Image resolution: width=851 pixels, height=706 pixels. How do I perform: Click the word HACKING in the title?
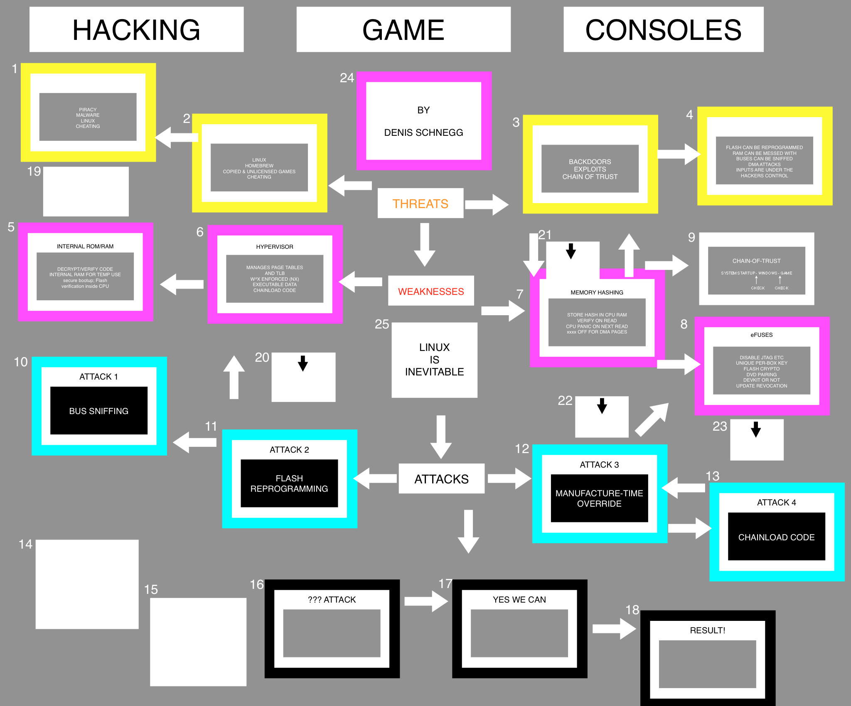(x=136, y=30)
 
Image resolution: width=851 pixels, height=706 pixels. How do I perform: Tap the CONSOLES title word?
(x=663, y=30)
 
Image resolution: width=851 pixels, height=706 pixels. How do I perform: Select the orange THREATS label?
(x=420, y=203)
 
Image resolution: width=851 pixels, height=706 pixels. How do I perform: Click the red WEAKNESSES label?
(x=431, y=291)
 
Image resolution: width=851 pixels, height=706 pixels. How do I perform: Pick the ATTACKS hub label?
(x=441, y=479)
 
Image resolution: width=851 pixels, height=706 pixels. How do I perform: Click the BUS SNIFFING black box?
(x=99, y=411)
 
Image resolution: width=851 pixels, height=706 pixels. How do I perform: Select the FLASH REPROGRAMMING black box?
(x=289, y=483)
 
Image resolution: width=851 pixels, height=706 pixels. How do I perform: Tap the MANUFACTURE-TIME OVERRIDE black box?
(x=599, y=498)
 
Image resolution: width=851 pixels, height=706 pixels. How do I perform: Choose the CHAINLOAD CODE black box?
(x=776, y=537)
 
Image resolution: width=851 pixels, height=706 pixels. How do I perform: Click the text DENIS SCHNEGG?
(x=423, y=132)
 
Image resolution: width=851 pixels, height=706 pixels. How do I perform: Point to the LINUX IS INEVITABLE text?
(x=434, y=360)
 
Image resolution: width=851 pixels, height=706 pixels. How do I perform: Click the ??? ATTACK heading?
(x=332, y=600)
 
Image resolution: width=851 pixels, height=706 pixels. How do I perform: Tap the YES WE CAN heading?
(x=519, y=600)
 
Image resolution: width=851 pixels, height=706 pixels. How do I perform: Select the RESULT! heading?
(x=707, y=630)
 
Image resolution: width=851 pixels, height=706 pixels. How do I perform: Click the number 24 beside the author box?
(x=347, y=78)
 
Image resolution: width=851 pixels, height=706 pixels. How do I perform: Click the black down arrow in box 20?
(x=303, y=363)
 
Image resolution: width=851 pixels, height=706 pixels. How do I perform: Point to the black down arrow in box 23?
(x=756, y=429)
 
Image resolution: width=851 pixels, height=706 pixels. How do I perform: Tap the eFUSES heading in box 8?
(x=761, y=335)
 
